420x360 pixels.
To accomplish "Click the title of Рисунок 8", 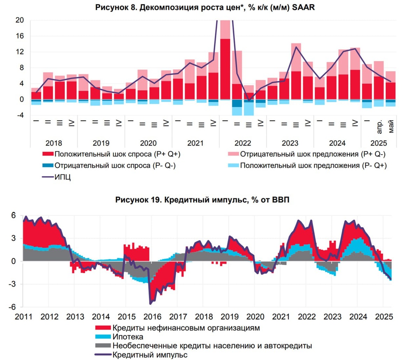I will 205,7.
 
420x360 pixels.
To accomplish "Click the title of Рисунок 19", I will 202,200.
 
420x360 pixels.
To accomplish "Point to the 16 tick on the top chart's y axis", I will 20,36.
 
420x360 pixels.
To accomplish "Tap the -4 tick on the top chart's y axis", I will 20,115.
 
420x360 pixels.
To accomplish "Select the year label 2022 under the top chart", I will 243,143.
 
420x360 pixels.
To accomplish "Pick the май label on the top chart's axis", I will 391,127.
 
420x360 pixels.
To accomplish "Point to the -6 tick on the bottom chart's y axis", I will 13,307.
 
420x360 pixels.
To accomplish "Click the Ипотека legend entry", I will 128,337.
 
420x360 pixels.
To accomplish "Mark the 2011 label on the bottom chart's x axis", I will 23,317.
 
